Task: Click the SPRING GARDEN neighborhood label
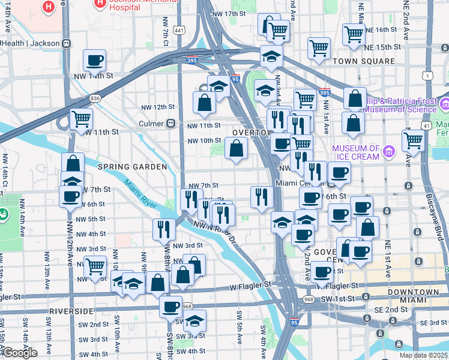(x=132, y=166)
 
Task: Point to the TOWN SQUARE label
(x=364, y=61)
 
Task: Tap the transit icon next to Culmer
(x=171, y=124)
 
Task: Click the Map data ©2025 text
(x=423, y=355)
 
